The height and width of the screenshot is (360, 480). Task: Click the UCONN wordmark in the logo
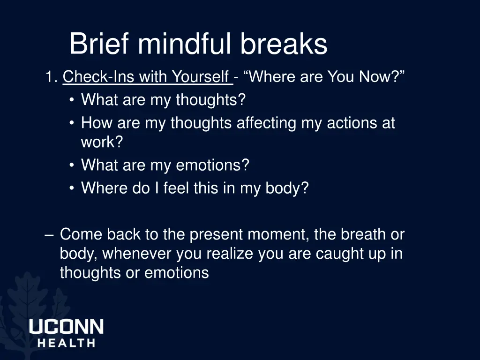click(x=66, y=327)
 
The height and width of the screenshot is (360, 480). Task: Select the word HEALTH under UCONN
click(x=66, y=343)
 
